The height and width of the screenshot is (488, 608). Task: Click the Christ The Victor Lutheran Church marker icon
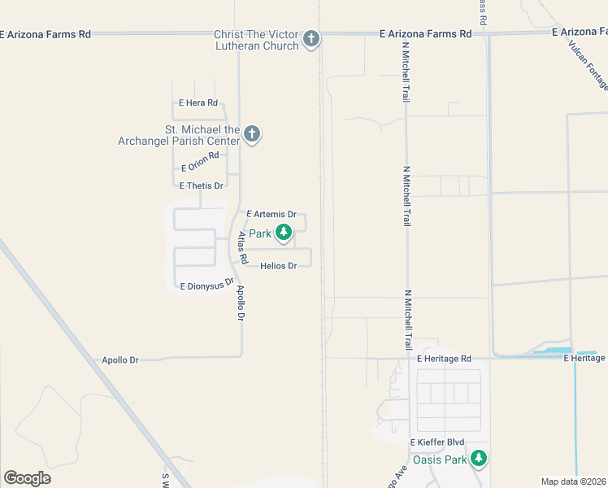[311, 38]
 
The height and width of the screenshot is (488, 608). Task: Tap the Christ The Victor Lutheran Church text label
[257, 40]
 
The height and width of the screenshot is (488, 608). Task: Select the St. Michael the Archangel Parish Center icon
[252, 134]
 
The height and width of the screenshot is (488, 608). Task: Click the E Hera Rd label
[198, 103]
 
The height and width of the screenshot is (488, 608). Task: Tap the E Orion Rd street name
[201, 161]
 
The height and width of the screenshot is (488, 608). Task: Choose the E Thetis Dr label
[201, 185]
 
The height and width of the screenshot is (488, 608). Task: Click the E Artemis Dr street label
[271, 214]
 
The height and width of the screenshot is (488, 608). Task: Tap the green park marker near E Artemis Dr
[283, 233]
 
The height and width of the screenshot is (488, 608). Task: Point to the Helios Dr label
[279, 266]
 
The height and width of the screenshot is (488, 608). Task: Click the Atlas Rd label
[241, 249]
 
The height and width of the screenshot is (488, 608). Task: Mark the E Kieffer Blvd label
[437, 442]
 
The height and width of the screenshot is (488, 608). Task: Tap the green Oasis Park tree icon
[480, 459]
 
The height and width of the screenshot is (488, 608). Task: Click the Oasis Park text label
[440, 460]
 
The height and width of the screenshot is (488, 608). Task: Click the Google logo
[27, 477]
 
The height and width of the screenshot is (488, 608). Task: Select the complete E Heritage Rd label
[444, 359]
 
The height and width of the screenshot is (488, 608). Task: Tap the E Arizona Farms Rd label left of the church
[46, 34]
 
